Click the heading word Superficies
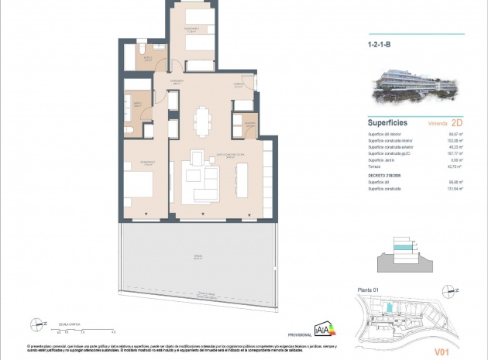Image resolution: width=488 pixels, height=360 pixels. click(388, 122)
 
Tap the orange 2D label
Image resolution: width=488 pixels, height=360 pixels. click(457, 122)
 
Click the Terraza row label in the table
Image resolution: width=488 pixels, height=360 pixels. click(375, 166)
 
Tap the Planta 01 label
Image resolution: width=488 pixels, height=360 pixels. click(376, 290)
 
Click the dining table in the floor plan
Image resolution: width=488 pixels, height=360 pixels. click(202, 119)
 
